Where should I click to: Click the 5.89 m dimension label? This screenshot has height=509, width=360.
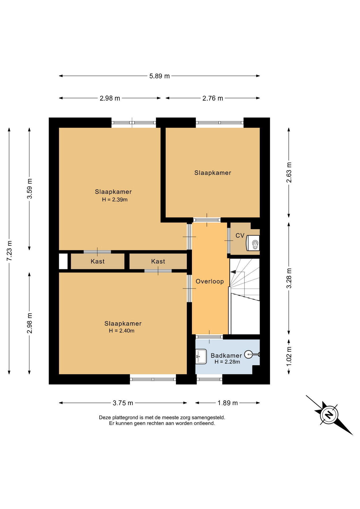coord(159,76)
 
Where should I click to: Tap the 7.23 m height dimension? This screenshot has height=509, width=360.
coord(9,251)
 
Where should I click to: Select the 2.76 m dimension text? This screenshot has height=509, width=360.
coord(213,98)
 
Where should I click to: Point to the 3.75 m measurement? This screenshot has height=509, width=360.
coord(123,403)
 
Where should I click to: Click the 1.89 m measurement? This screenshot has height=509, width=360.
coord(227,403)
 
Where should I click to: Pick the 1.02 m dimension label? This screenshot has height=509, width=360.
coord(289,357)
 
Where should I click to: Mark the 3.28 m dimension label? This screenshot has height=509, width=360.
coord(289,278)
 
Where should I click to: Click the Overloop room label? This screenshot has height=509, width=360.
coord(210,281)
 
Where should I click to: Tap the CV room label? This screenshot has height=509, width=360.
coord(240,235)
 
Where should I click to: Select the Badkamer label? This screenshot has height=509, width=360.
coord(226,356)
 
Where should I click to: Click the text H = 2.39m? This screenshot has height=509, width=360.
coord(115,200)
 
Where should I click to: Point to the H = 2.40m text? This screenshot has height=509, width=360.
coord(121,331)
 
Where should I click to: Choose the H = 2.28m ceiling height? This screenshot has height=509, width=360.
coord(227,362)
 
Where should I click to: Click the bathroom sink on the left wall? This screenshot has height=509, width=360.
coord(201,357)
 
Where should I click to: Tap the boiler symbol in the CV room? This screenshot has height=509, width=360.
coord(253,243)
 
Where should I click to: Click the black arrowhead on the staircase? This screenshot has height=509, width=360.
coord(233,272)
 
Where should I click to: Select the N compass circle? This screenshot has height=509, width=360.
coord(329,414)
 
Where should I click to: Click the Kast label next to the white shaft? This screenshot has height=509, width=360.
coord(98,261)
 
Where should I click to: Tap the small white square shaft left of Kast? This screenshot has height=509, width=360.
coord(63,261)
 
